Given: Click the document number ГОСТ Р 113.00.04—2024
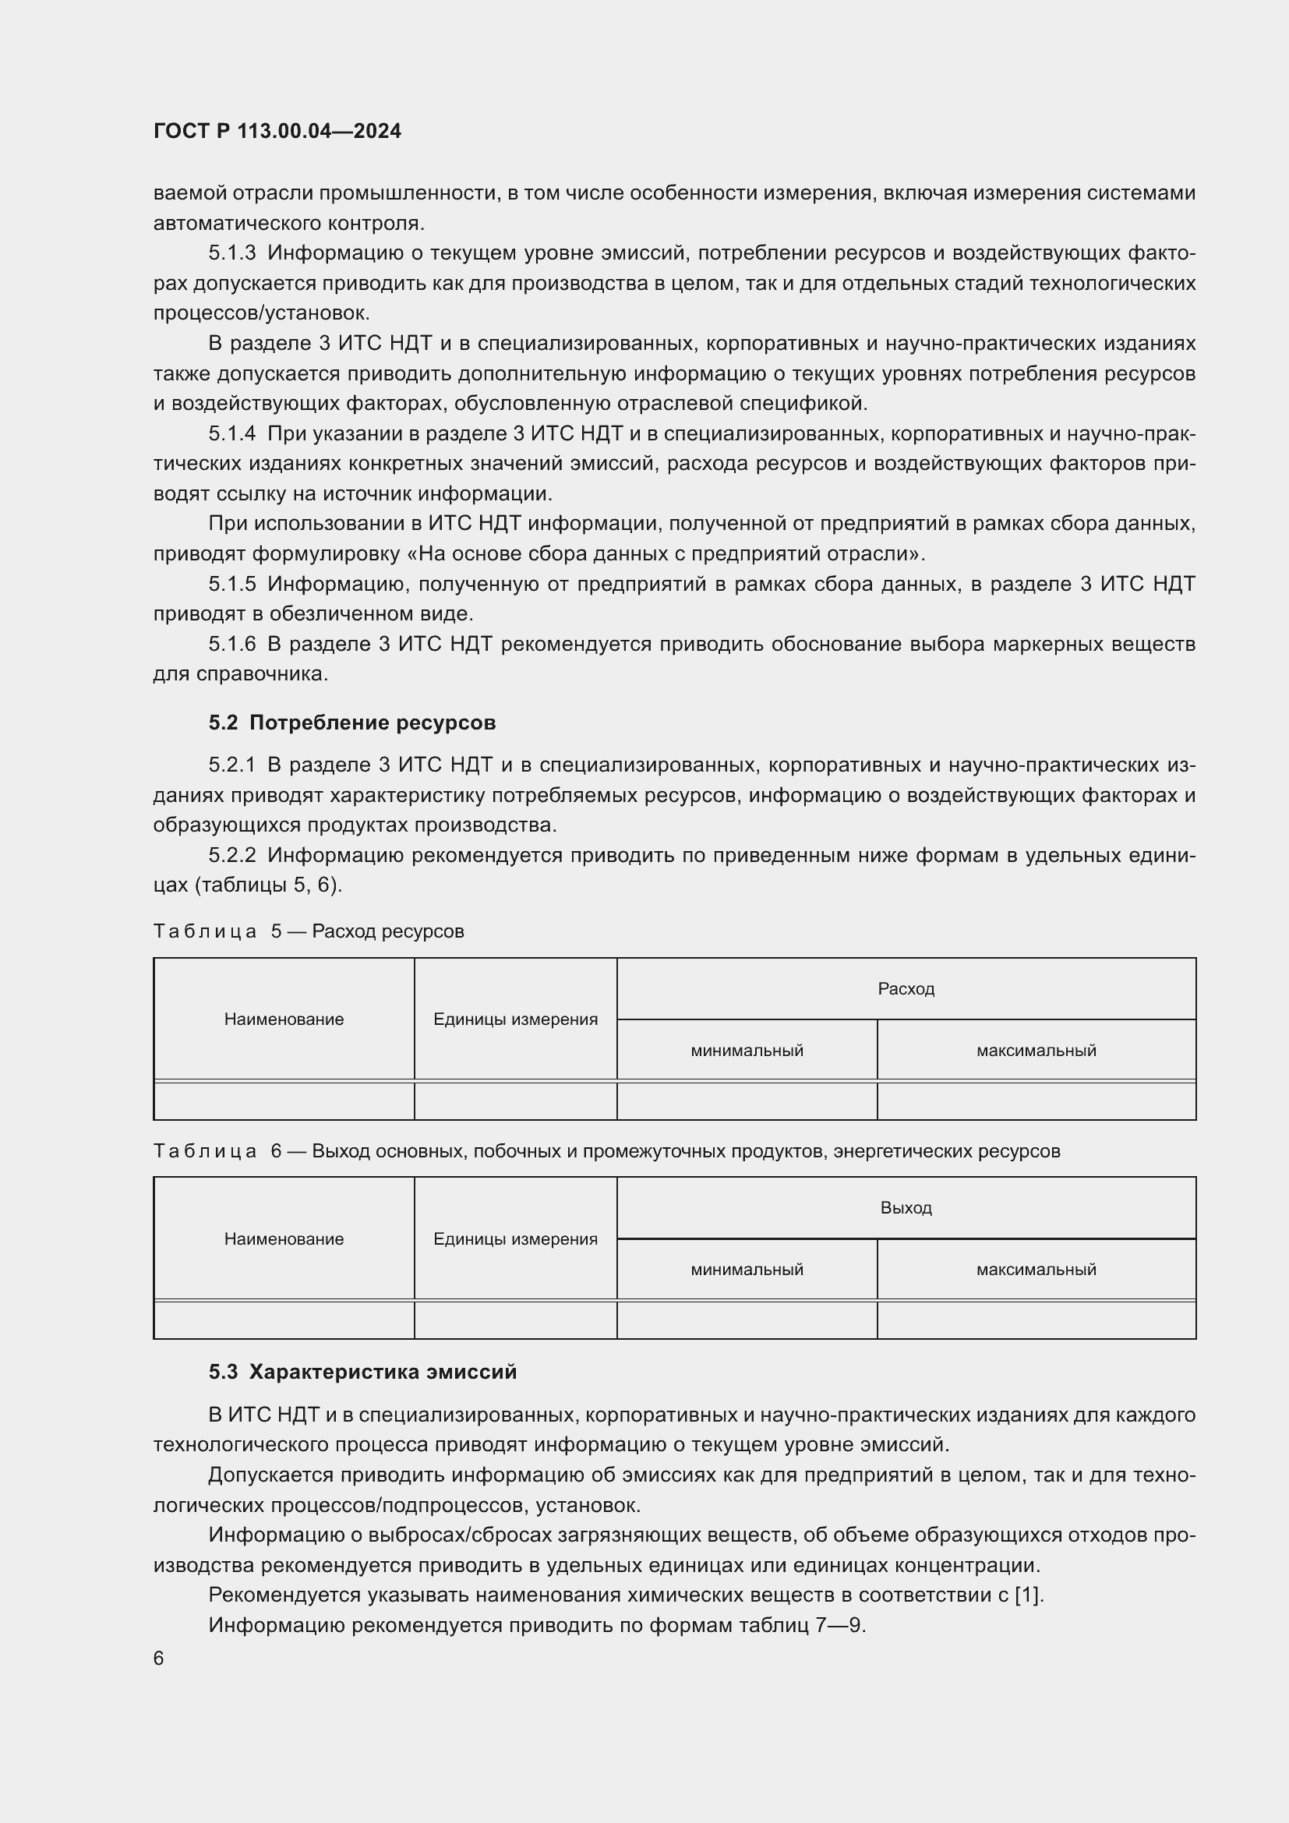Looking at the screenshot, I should pyautogui.click(x=277, y=131).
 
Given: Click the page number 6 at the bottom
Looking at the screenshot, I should pyautogui.click(x=159, y=1658).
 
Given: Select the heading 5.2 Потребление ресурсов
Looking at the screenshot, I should pyautogui.click(x=352, y=722).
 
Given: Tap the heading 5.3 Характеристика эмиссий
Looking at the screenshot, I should pyautogui.click(x=362, y=1371).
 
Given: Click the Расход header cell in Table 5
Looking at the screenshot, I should pyautogui.click(x=906, y=988).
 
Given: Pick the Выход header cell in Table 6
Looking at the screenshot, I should pyautogui.click(x=906, y=1207).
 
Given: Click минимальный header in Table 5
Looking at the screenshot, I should pyautogui.click(x=747, y=1051).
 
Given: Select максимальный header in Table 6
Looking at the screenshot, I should pyautogui.click(x=1036, y=1269).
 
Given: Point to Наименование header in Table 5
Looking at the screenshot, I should pyautogui.click(x=284, y=1019).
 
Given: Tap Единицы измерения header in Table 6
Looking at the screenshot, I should pyautogui.click(x=515, y=1238).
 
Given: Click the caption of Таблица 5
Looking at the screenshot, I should pyautogui.click(x=309, y=931).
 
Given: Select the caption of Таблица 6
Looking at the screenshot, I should pyautogui.click(x=606, y=1150).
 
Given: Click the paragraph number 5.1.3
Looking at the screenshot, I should pyautogui.click(x=231, y=253).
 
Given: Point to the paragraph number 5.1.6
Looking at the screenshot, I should pyautogui.click(x=231, y=644).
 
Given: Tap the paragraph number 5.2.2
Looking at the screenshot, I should pyautogui.click(x=231, y=855).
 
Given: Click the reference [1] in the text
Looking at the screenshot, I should pyautogui.click(x=1028, y=1595).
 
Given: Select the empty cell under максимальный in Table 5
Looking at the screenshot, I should pyautogui.click(x=1036, y=1101).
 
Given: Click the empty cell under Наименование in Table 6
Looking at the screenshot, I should pyautogui.click(x=284, y=1320).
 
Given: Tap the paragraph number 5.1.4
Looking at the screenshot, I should pyautogui.click(x=231, y=433).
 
